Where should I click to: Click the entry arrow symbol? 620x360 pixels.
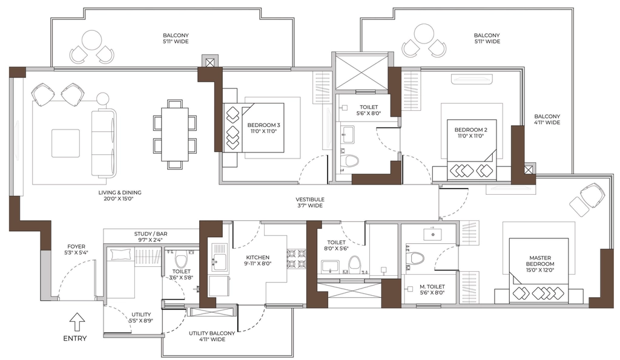(x=77, y=322)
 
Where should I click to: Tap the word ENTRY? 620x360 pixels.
(x=75, y=338)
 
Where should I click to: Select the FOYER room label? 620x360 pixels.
(x=76, y=249)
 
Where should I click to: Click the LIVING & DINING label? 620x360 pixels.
(x=120, y=195)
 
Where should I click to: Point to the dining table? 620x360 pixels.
(x=175, y=134)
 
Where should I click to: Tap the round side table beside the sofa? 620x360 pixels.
(x=103, y=99)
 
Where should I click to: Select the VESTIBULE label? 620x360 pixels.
(x=310, y=202)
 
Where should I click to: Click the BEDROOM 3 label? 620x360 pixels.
(x=264, y=128)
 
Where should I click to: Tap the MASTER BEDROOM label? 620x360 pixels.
(x=540, y=264)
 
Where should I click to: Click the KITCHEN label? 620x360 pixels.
(x=258, y=260)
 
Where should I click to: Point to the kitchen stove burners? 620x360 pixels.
(x=295, y=259)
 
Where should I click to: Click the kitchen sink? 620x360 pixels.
(x=219, y=258)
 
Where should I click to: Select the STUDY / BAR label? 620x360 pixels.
(x=148, y=237)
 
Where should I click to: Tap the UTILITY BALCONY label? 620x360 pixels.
(x=212, y=336)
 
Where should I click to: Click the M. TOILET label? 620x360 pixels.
(x=432, y=290)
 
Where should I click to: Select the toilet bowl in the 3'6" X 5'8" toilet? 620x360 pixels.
(x=181, y=259)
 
